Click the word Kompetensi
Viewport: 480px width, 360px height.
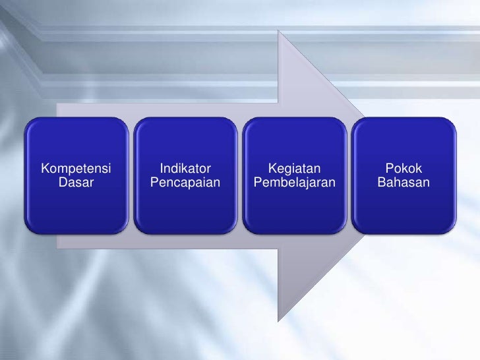click(76, 168)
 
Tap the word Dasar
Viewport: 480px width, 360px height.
click(76, 181)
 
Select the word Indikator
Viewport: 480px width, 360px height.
click(185, 168)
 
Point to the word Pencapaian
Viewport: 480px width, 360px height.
click(185, 181)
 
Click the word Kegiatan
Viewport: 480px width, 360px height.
click(295, 168)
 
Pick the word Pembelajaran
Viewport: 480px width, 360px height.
click(295, 181)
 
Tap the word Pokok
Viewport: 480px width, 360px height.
click(404, 168)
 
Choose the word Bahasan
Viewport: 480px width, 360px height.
click(404, 181)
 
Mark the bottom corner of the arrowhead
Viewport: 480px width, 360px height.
click(281, 321)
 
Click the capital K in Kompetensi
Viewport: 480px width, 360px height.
click(45, 168)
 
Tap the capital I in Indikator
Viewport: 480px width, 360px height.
click(162, 168)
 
